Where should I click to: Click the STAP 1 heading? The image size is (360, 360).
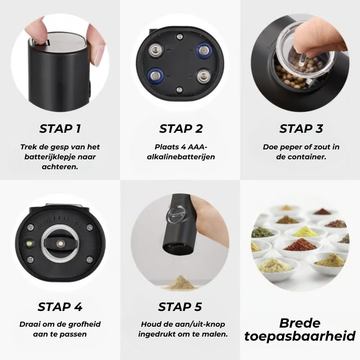(x=60, y=129)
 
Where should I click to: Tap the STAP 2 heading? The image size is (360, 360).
(x=181, y=129)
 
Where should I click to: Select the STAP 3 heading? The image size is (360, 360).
(x=301, y=129)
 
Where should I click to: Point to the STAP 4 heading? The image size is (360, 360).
(x=60, y=307)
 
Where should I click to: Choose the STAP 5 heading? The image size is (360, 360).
(x=180, y=307)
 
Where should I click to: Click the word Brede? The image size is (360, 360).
(x=300, y=323)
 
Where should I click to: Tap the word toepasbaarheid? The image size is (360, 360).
(x=300, y=336)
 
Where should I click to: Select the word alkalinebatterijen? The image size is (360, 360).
(x=181, y=157)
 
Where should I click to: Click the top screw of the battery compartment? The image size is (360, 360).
(x=180, y=36)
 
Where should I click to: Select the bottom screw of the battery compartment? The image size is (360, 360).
(x=180, y=90)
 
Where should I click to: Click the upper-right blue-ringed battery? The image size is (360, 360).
(x=204, y=51)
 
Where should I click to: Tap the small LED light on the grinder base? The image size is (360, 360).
(x=29, y=243)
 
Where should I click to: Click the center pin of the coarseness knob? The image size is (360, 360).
(x=60, y=243)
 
